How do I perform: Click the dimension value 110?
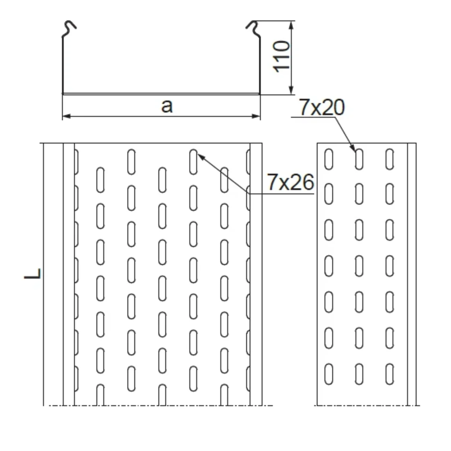(282, 56)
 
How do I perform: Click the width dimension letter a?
(167, 106)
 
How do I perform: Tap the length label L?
(33, 274)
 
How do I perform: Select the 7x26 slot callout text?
(290, 183)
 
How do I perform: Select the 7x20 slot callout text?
(322, 108)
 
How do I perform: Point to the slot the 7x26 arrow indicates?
(193, 162)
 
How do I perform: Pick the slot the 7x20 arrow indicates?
(359, 159)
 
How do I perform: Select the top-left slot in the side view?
(329, 159)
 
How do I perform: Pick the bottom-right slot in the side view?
(390, 374)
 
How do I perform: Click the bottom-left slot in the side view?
(329, 374)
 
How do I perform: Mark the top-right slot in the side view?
(390, 159)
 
